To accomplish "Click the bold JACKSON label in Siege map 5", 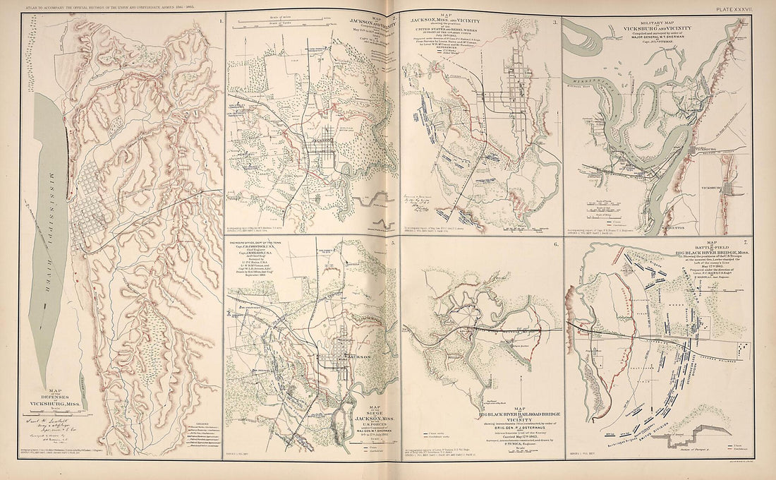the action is [x=360, y=359].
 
